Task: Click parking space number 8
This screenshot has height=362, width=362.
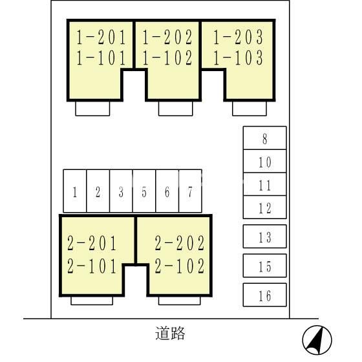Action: tap(264, 138)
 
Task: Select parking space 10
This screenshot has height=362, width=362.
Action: tap(264, 162)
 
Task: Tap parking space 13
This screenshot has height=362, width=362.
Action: tap(264, 237)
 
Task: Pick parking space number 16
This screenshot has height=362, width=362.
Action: tap(264, 295)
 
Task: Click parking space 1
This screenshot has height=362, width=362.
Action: tap(75, 191)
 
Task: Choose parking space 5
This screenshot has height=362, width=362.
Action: tap(144, 191)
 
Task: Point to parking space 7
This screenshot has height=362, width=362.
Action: tap(190, 191)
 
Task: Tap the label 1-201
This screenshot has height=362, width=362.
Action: tap(101, 36)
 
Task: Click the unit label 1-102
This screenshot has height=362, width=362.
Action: tap(167, 58)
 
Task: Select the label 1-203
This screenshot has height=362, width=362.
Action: tap(239, 36)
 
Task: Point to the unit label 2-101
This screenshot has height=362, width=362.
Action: tap(92, 266)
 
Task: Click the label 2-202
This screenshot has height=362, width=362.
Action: tap(180, 244)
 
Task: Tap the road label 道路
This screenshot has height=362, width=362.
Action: tap(171, 334)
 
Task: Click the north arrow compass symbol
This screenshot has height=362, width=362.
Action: tap(317, 339)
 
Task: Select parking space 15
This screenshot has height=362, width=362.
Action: tap(264, 266)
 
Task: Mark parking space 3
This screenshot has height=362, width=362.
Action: tap(121, 191)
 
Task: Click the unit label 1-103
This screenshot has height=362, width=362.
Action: tap(239, 58)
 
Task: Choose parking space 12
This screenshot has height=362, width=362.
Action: tap(264, 208)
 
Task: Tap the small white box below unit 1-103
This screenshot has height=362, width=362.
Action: tap(250, 109)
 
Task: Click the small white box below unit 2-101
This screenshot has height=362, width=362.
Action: tap(92, 301)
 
